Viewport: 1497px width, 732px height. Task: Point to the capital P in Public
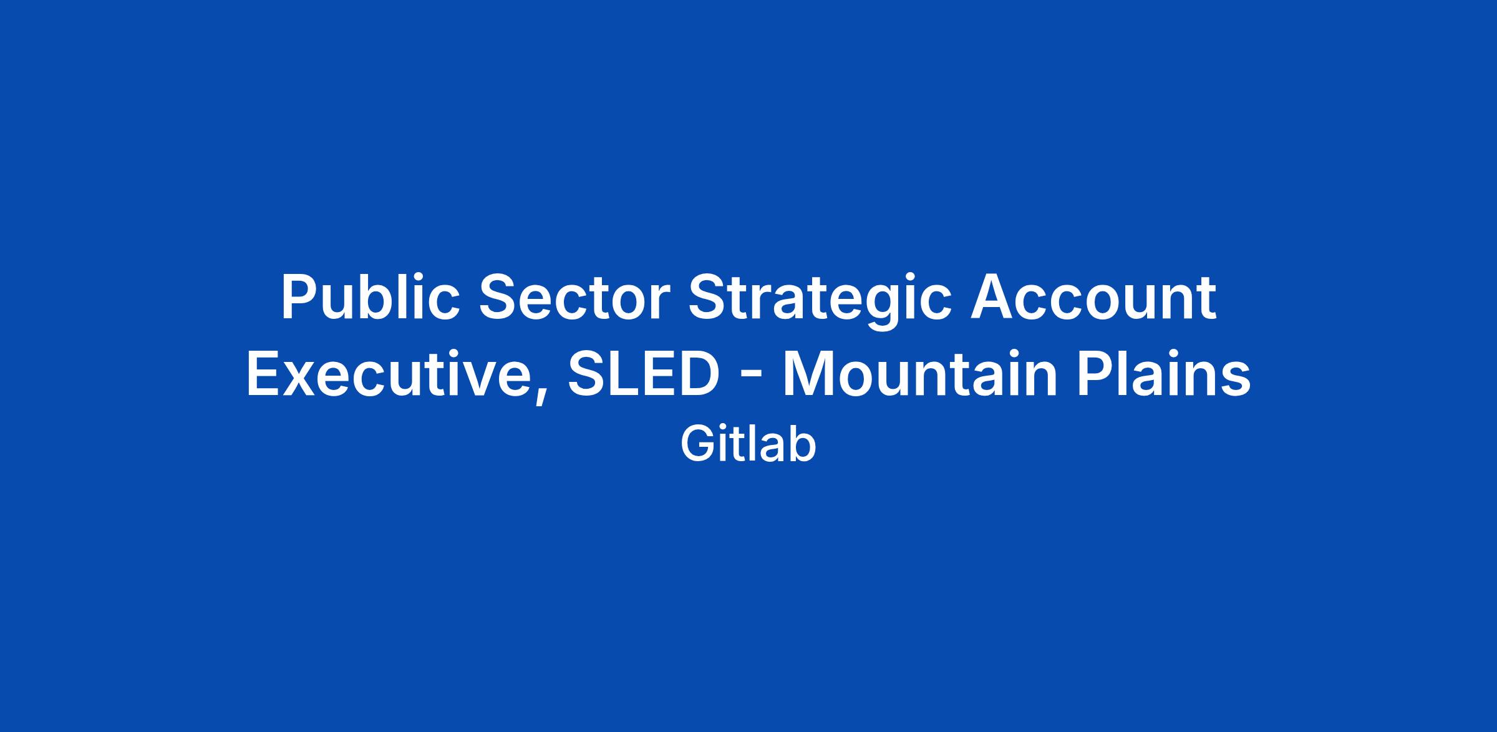point(301,297)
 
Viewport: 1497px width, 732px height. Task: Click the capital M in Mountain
point(809,376)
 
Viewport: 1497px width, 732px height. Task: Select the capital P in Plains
point(1096,376)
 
